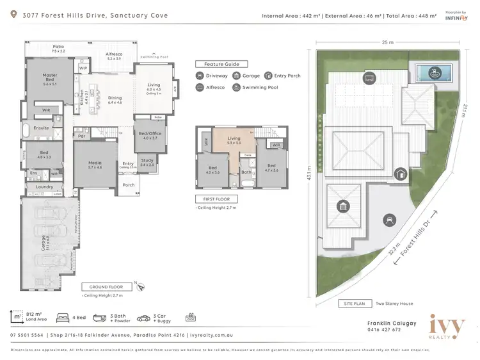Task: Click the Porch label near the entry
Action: tap(129, 185)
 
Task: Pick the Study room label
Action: tap(148, 162)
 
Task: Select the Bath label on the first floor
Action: tap(246, 172)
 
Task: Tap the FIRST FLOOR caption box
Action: tap(216, 199)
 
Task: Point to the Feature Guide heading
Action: tap(221, 65)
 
